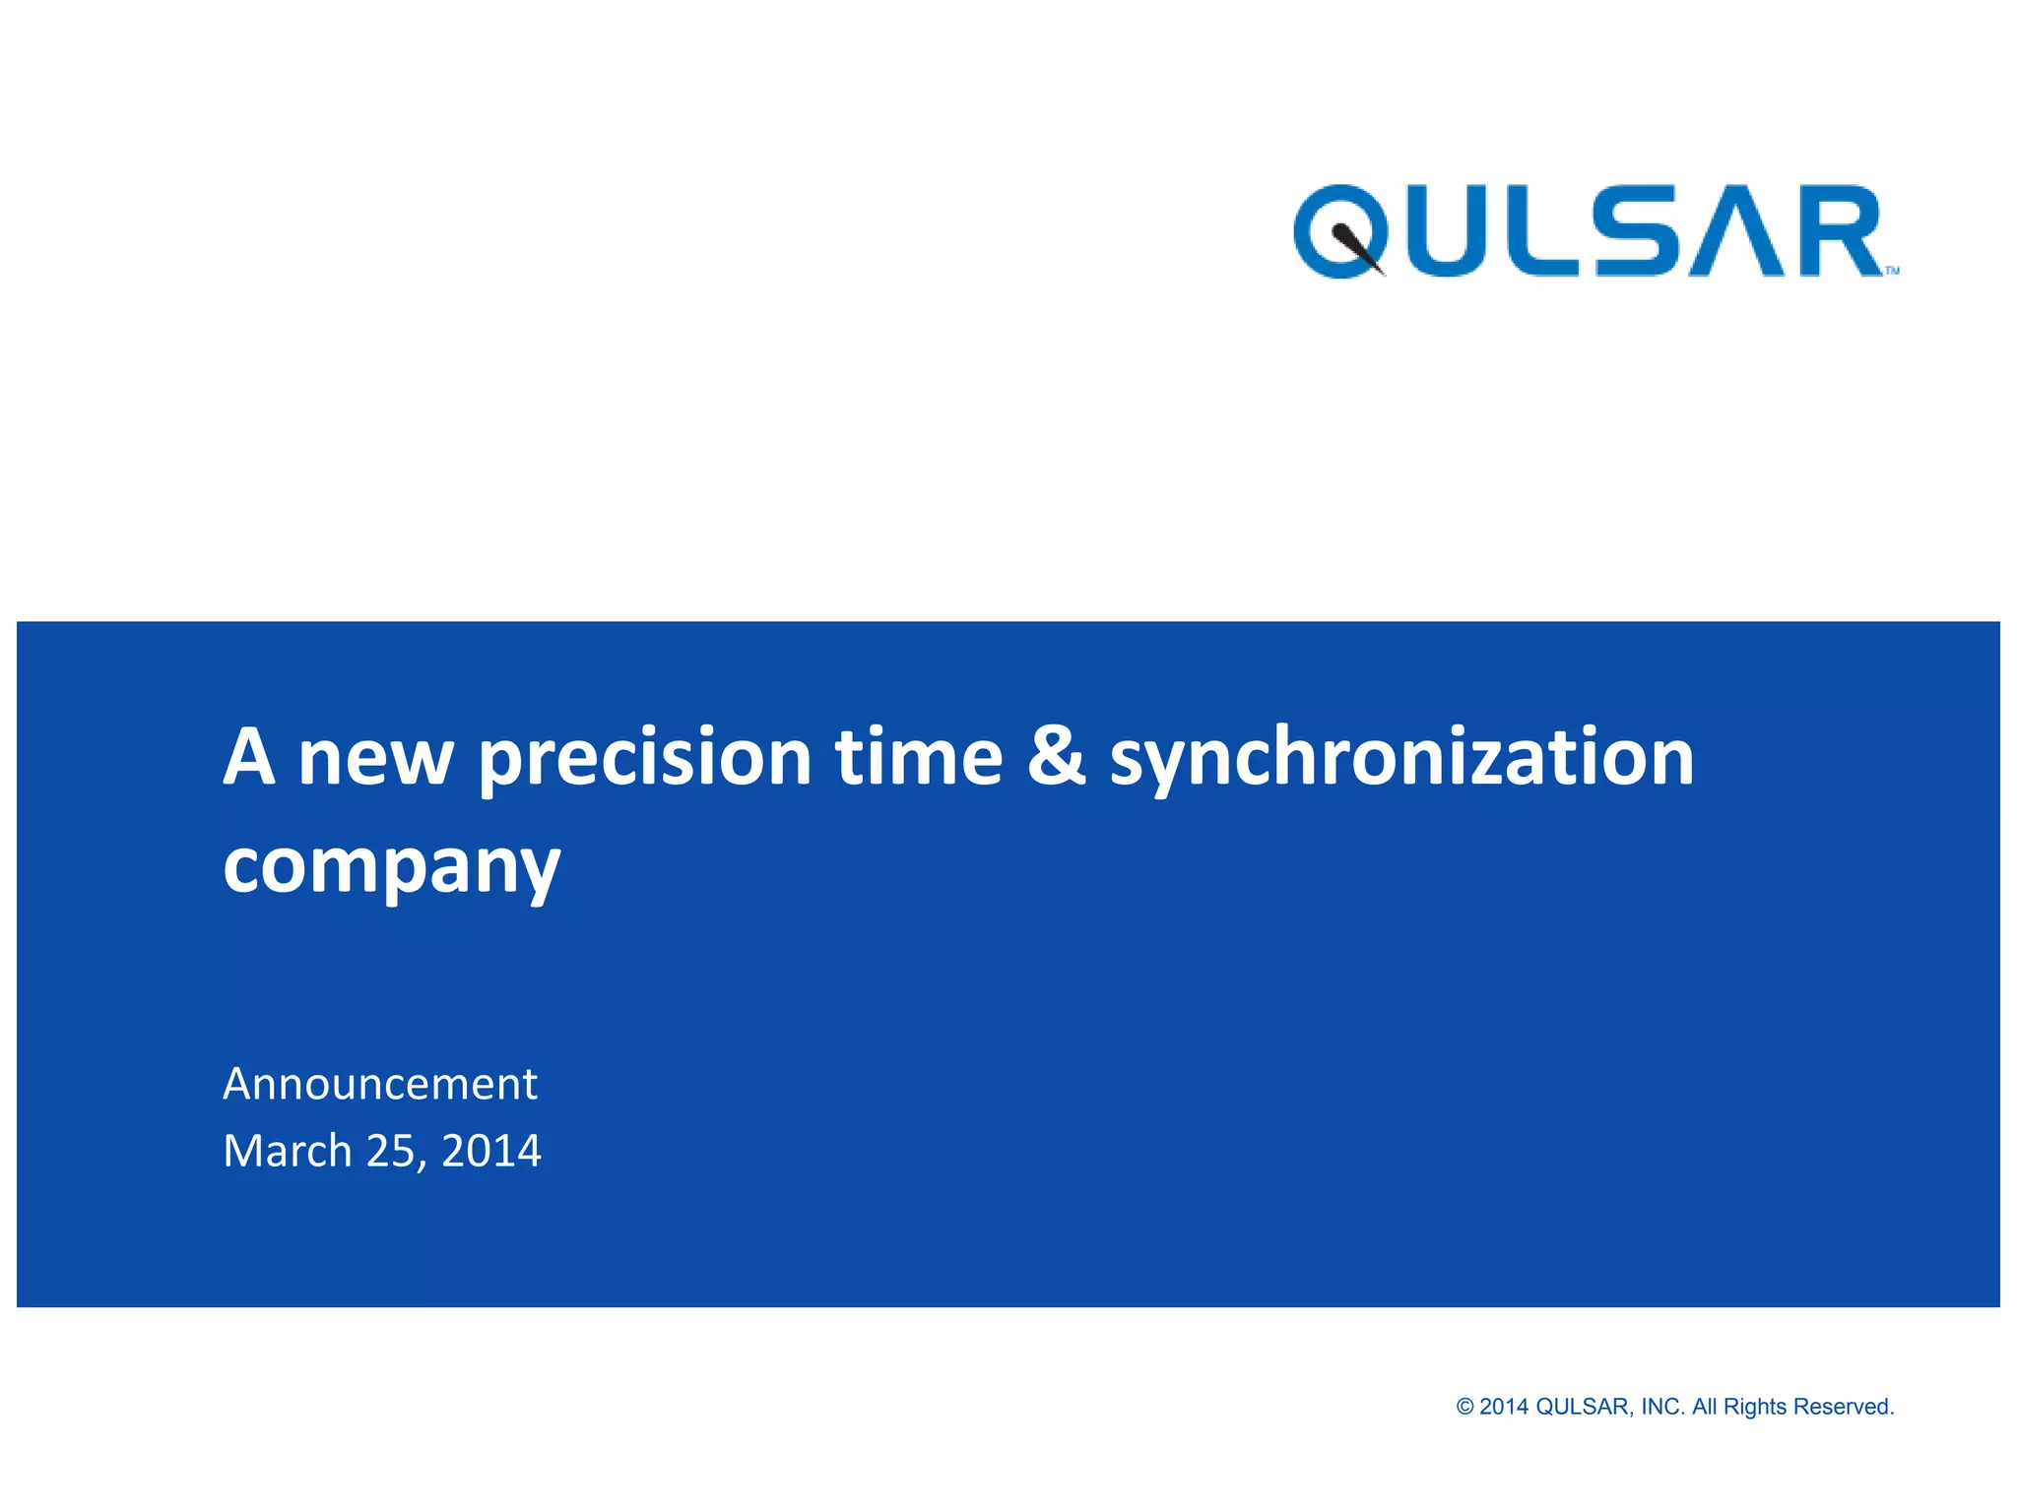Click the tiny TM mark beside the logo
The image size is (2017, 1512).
1892,271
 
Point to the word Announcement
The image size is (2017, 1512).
380,1084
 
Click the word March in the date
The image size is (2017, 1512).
287,1151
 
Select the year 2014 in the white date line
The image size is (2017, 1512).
490,1151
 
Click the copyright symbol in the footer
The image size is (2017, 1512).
1464,1407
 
